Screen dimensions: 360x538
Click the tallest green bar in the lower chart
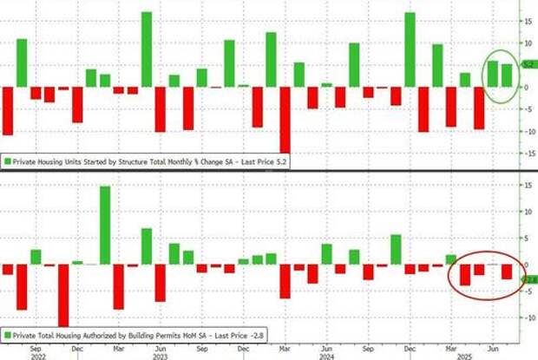tap(104, 225)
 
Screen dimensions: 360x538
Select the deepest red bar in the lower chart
tap(62, 295)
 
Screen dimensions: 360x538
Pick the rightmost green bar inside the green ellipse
tap(507, 75)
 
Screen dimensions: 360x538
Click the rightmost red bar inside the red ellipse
tap(507, 272)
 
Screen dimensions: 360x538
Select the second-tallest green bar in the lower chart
tap(146, 246)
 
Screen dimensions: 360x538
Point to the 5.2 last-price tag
tap(527, 64)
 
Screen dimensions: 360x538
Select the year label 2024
tap(325, 353)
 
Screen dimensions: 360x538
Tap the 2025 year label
tap(464, 353)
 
